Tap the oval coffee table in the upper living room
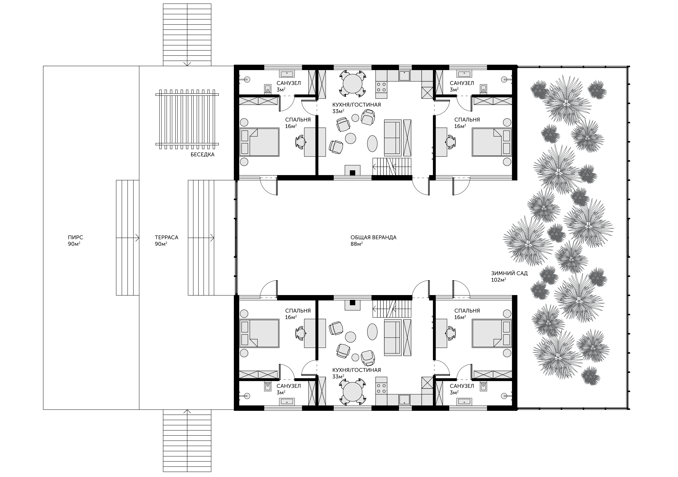tap(372, 144)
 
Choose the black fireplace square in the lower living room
tap(352, 302)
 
